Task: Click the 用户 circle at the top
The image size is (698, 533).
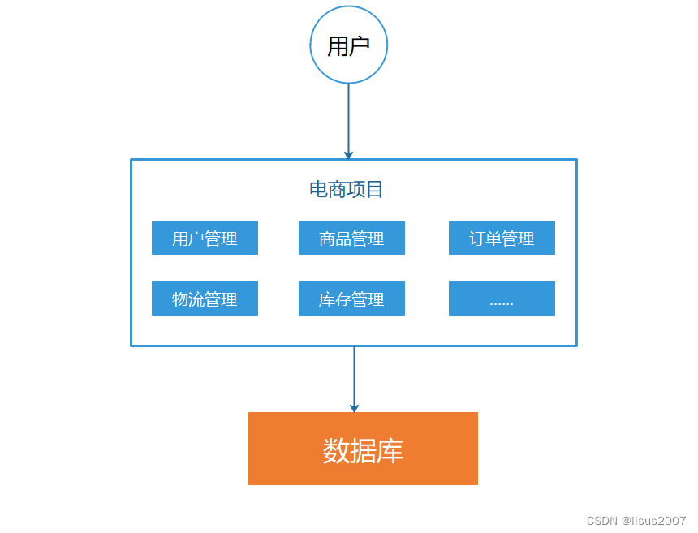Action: point(348,45)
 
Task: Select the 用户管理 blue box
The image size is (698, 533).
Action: point(205,239)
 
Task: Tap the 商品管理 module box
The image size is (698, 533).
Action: point(351,239)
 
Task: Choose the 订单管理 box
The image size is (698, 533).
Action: point(502,239)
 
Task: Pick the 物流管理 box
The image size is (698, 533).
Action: point(205,299)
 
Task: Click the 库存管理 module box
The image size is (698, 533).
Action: point(351,299)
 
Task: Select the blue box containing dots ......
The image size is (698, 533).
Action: point(502,299)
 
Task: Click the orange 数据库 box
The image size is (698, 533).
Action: point(363,449)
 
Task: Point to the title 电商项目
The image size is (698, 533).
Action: point(347,190)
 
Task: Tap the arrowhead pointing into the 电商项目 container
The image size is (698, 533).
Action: point(348,155)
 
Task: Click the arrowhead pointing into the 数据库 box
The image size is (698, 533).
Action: point(354,408)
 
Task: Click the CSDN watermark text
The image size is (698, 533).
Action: point(602,521)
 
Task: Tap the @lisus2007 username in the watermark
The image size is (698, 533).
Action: point(654,521)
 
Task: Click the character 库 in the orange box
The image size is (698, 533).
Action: point(390,451)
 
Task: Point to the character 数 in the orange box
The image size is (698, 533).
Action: point(336,451)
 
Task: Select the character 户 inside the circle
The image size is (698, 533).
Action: point(360,46)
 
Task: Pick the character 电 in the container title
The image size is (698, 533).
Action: point(318,190)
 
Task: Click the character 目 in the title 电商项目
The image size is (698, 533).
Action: point(375,190)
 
